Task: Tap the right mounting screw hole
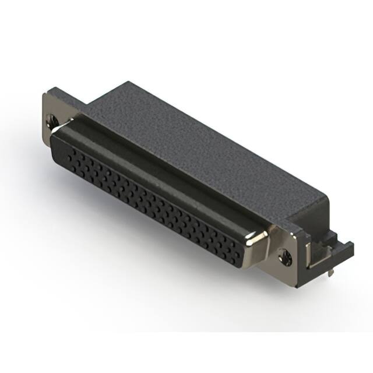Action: click(284, 254)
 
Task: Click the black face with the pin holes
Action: click(157, 198)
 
